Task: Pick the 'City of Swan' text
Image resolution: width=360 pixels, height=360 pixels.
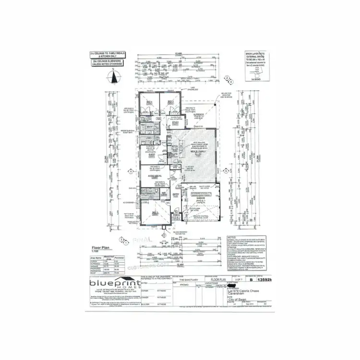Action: [239, 305]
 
